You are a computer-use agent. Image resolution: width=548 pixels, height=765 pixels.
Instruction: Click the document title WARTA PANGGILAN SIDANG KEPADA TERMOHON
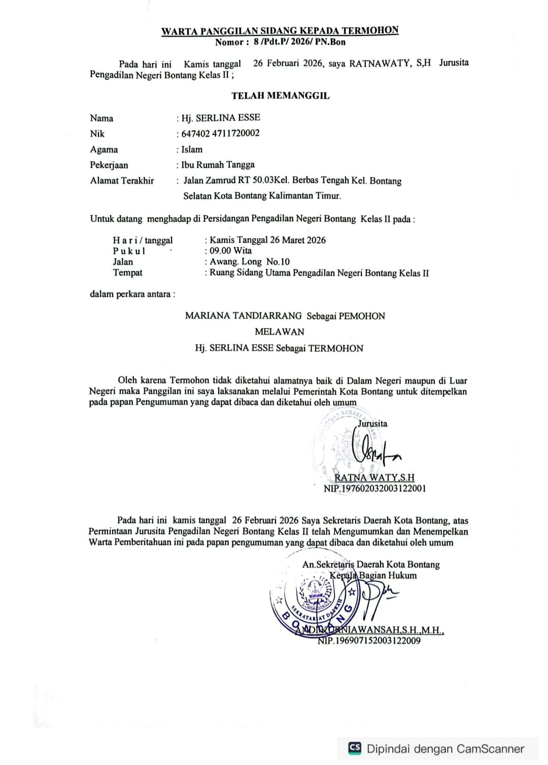click(x=280, y=30)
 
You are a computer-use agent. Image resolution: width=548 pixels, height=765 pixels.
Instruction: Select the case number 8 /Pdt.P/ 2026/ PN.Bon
click(x=299, y=42)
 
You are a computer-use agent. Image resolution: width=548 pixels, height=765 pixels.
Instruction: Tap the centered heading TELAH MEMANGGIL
click(x=281, y=95)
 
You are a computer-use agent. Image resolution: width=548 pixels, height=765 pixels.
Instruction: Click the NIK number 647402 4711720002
click(x=220, y=133)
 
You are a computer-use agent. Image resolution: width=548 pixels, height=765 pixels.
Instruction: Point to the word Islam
click(x=192, y=150)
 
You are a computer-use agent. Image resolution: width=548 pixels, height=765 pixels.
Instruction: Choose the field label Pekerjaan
click(x=109, y=165)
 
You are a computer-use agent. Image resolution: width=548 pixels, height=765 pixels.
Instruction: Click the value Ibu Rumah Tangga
click(x=218, y=165)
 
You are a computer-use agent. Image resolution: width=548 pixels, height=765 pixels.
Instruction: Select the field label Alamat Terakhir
click(x=122, y=181)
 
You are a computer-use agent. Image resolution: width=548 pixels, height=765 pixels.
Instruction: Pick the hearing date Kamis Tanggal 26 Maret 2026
click(x=267, y=240)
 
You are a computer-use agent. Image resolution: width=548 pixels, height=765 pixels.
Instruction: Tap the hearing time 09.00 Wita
click(x=230, y=251)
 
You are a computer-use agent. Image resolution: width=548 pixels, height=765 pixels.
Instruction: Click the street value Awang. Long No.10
click(x=250, y=262)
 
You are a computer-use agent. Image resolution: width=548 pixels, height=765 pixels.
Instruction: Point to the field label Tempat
click(x=127, y=273)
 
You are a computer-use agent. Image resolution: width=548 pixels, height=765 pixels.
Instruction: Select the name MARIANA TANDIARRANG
click(x=244, y=316)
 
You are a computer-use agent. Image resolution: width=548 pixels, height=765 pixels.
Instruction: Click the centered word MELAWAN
click(x=280, y=332)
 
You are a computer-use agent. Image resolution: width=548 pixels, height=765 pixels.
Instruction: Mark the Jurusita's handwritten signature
click(x=373, y=449)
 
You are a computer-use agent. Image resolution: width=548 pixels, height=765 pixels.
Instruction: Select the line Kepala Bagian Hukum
click(x=373, y=576)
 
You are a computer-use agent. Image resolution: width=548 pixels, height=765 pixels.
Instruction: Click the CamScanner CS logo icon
click(x=355, y=748)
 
